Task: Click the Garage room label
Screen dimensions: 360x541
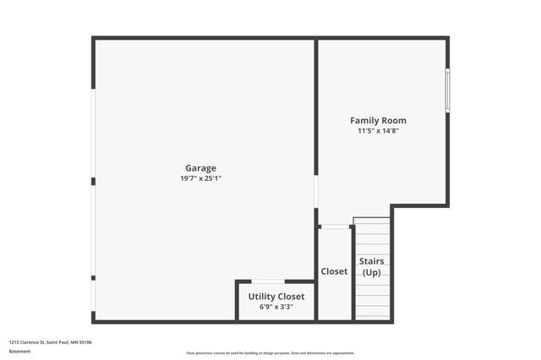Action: tap(201, 167)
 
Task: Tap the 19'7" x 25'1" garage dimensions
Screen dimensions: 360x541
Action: tap(201, 178)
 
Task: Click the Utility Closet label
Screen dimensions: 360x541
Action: tap(276, 297)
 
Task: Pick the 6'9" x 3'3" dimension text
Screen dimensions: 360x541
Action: tap(276, 307)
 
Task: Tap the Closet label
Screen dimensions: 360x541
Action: tap(334, 271)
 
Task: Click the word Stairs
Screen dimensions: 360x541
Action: tap(372, 261)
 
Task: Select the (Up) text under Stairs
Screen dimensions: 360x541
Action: tap(372, 273)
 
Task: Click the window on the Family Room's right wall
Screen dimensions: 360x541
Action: tap(447, 90)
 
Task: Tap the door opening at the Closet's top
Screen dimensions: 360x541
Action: tap(336, 226)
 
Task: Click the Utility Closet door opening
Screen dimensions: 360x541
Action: tap(268, 281)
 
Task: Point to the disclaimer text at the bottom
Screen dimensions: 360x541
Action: tap(270, 353)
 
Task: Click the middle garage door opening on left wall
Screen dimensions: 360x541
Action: tap(93, 229)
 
